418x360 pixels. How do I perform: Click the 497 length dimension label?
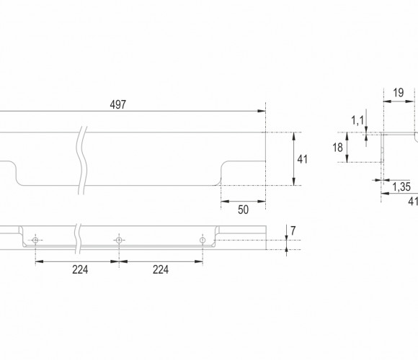117,104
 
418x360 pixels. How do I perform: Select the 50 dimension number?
243,210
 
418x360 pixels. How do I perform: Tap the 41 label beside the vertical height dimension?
302,159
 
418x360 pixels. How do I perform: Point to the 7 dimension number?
293,231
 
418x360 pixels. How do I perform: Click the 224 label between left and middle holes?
80,270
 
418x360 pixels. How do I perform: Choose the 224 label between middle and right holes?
161,270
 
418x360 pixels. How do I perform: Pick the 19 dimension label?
399,93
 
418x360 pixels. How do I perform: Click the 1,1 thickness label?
357,120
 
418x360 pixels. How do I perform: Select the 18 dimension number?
337,148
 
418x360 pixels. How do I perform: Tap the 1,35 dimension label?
401,187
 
